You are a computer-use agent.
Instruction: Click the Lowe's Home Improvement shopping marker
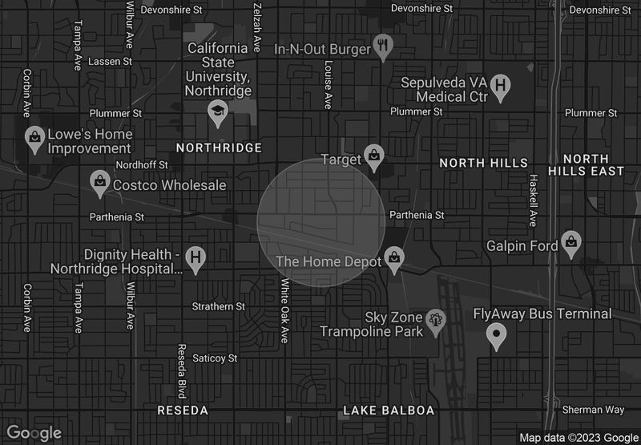coord(34,136)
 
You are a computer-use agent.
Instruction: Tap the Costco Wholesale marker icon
coord(99,182)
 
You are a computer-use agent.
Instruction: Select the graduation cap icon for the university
coord(217,112)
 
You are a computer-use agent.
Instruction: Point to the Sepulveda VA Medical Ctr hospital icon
coord(501,86)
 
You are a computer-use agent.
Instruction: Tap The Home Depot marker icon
coord(393,258)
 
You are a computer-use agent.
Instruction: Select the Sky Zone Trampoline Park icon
coord(436,320)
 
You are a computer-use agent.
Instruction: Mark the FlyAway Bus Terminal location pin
coord(497,335)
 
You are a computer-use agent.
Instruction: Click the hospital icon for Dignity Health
coord(194,257)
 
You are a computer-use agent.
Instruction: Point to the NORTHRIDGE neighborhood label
coord(219,148)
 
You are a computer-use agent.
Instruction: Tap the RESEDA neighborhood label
coord(183,411)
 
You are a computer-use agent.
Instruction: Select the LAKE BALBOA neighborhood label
coord(389,411)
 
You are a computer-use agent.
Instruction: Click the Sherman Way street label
coord(593,410)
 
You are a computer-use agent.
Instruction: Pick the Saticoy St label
coord(216,358)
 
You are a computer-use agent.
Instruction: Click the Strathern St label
coord(219,306)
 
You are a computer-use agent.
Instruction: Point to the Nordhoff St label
coord(142,165)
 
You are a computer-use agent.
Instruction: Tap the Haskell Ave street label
coord(531,200)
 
